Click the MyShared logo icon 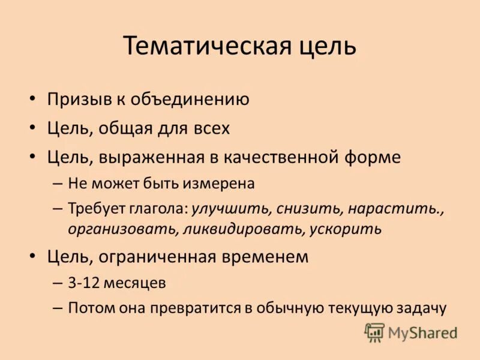click(374, 332)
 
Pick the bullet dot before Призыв click(33, 100)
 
